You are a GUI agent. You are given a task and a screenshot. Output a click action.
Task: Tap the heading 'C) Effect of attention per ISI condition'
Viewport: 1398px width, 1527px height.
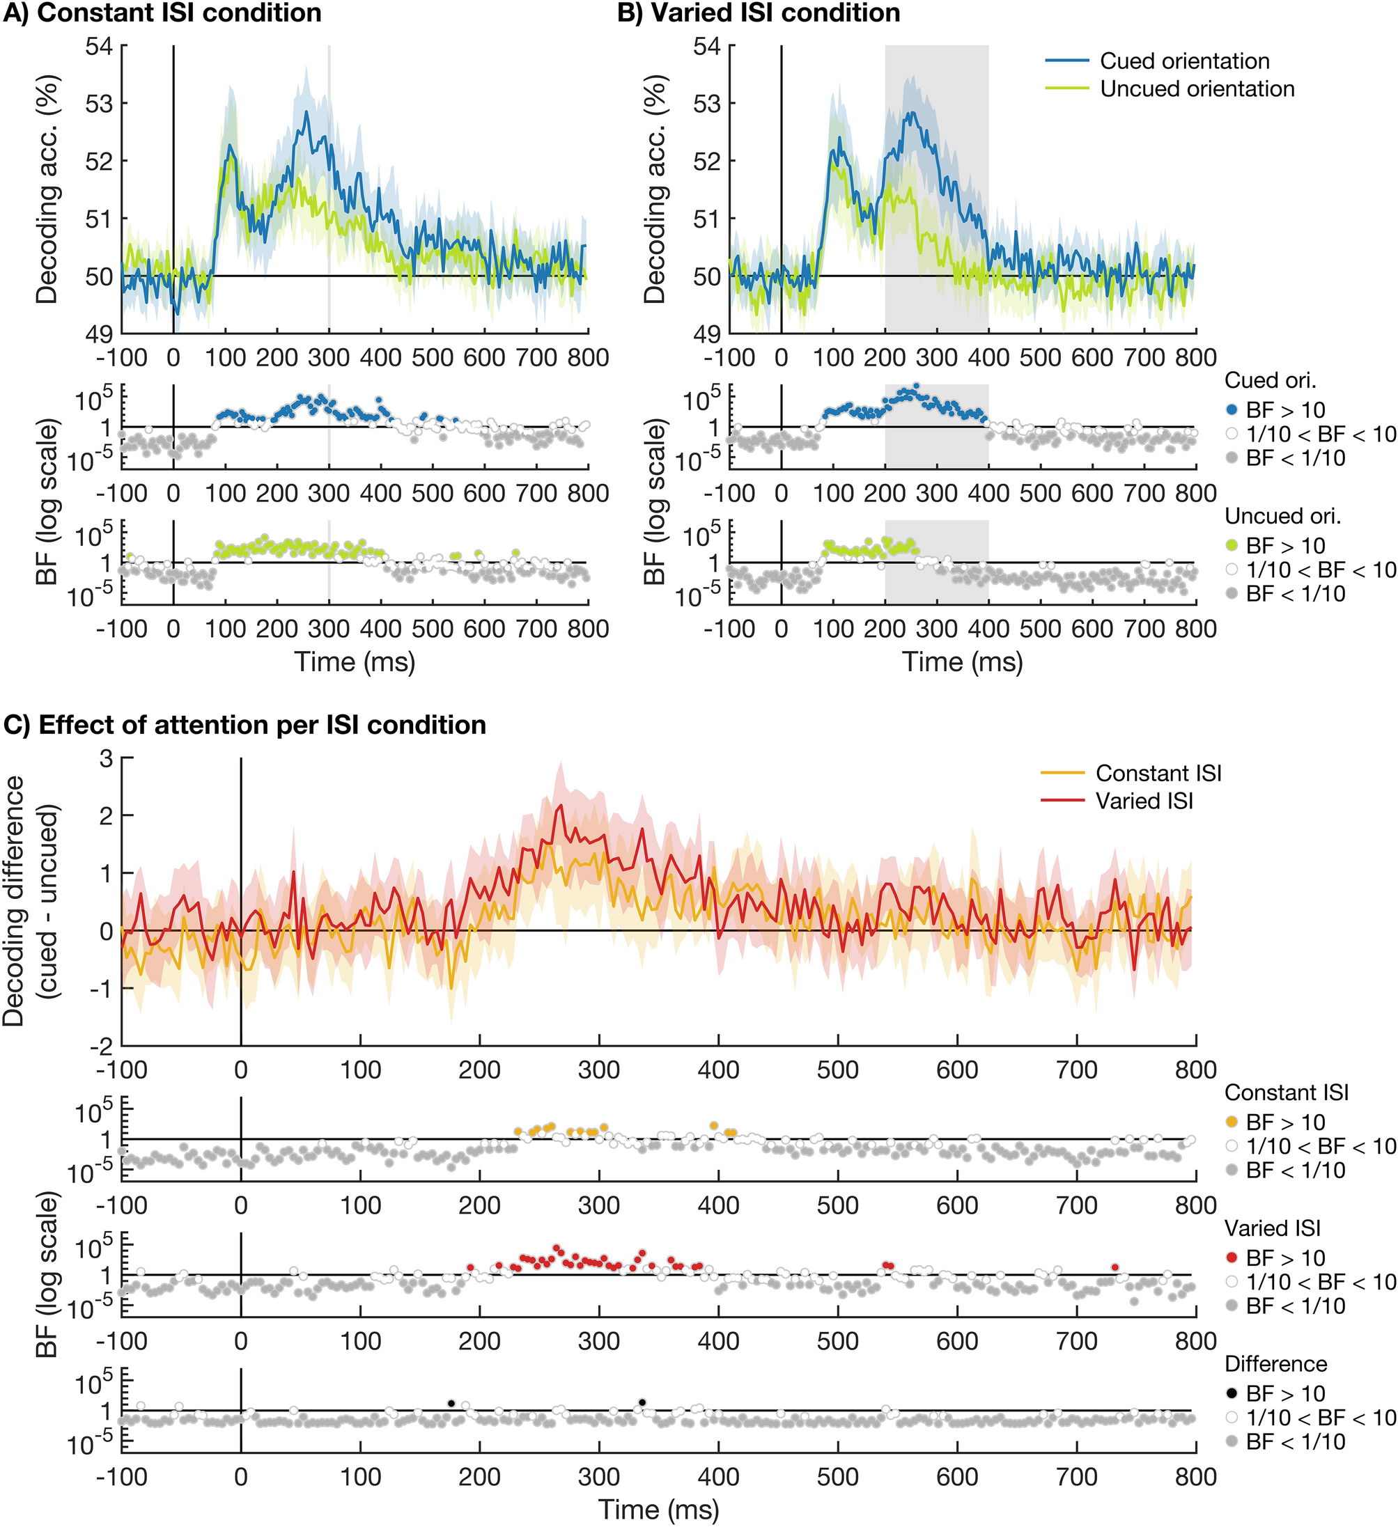(x=244, y=725)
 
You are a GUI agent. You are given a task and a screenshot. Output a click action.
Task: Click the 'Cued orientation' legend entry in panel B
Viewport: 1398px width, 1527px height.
(x=1184, y=61)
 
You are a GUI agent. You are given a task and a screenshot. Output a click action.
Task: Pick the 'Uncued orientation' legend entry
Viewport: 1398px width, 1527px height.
(x=1197, y=89)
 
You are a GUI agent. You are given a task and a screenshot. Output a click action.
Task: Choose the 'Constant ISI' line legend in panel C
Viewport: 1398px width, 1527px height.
(x=1158, y=774)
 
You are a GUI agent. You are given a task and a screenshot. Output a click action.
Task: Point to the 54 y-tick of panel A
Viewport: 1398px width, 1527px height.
(x=97, y=46)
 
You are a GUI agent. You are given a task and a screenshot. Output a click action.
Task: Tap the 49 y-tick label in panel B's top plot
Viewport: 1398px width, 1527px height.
(x=707, y=334)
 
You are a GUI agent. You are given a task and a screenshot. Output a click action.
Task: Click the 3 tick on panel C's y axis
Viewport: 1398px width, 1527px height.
(x=107, y=758)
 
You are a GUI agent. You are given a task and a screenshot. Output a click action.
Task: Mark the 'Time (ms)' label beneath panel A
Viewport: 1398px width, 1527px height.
(x=355, y=662)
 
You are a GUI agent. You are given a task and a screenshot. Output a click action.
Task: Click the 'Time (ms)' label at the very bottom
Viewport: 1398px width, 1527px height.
(x=658, y=1509)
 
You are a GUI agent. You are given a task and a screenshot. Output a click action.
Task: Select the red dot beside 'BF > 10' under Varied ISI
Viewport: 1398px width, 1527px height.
(x=1232, y=1258)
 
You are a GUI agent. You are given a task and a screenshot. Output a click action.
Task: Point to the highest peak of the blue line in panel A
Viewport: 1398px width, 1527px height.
(x=307, y=112)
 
